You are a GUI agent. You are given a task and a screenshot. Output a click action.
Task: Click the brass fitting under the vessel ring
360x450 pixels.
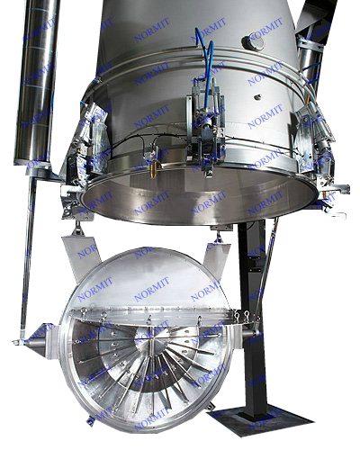(x=153, y=170)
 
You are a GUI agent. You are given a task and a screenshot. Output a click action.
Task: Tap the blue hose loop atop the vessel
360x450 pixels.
(x=205, y=51)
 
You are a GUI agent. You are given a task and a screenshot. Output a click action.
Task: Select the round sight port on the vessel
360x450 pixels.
(x=254, y=42)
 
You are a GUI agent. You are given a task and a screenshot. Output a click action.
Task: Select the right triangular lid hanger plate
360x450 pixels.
(x=217, y=254)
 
